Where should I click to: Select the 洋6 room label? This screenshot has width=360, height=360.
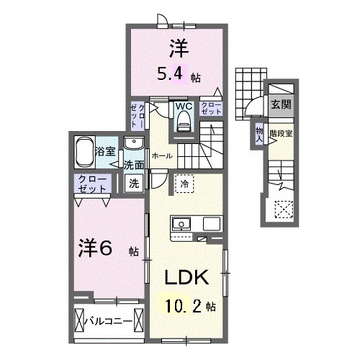[x=94, y=248]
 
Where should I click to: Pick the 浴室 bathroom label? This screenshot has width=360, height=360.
[x=106, y=152]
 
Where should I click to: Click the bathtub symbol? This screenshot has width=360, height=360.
[x=84, y=152]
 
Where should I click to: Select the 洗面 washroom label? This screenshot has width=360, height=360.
[x=134, y=164]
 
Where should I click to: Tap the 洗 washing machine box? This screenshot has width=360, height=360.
[x=134, y=183]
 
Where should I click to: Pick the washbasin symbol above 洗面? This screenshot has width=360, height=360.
[x=135, y=143]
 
